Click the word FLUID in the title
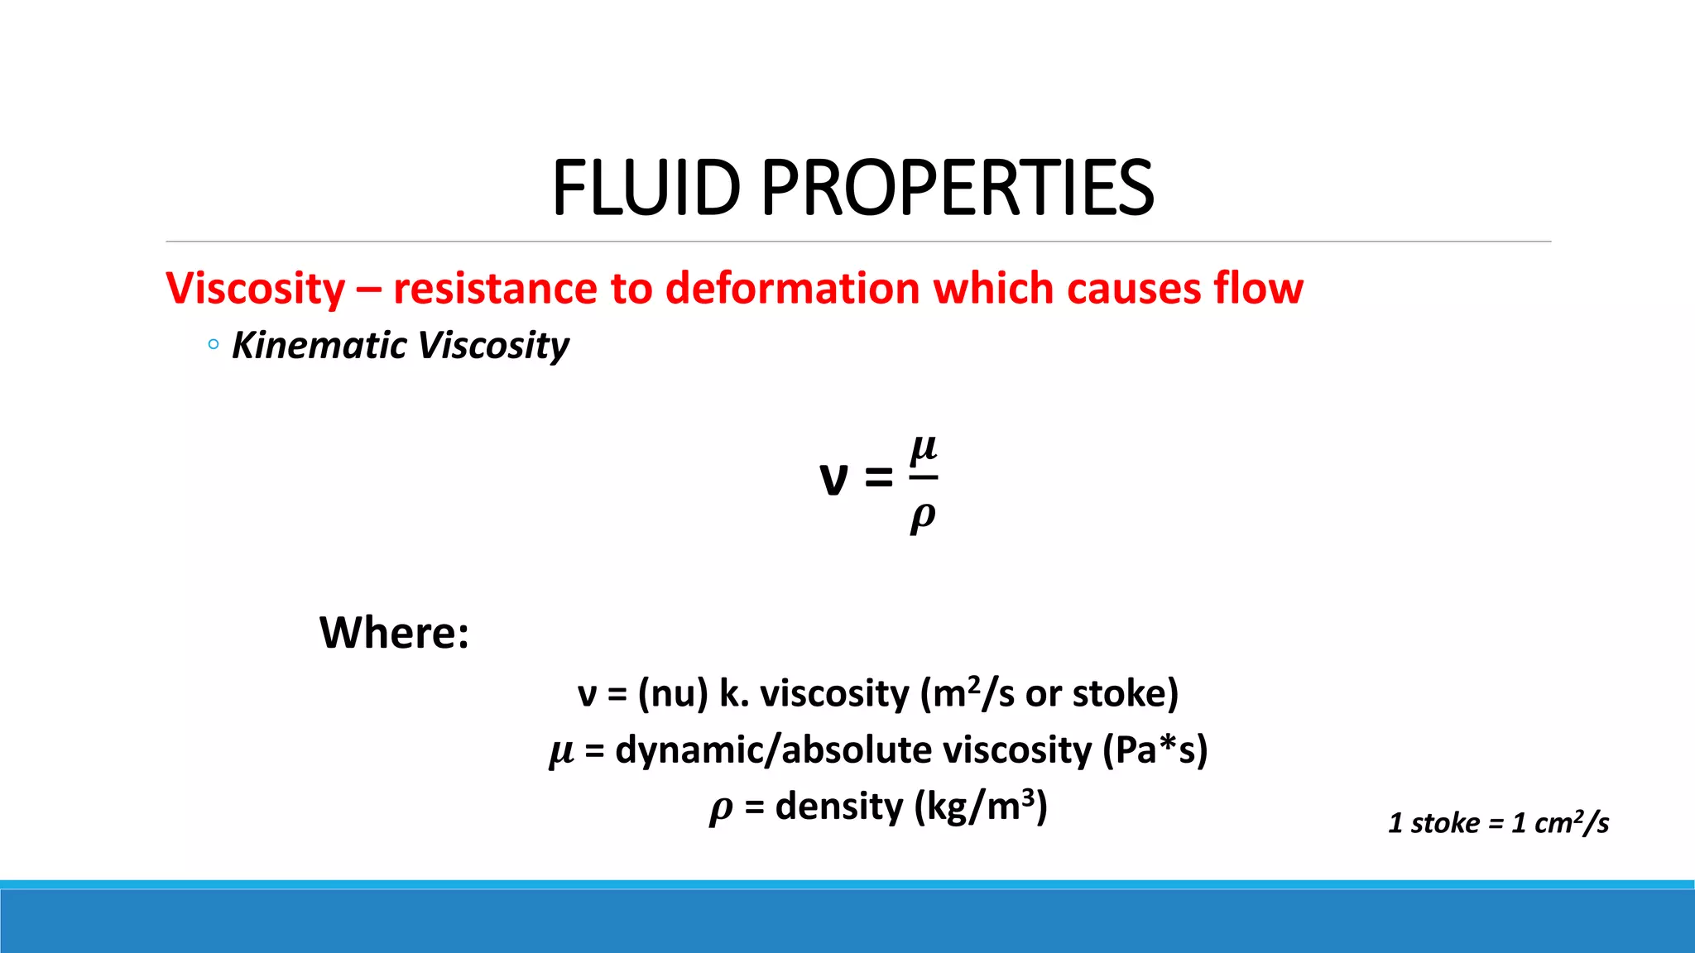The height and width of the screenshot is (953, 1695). pyautogui.click(x=646, y=189)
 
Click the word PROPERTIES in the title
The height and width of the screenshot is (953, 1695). pyautogui.click(x=957, y=189)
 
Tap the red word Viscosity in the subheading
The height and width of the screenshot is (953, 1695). pyautogui.click(x=255, y=289)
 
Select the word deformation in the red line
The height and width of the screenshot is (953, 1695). pyautogui.click(x=792, y=289)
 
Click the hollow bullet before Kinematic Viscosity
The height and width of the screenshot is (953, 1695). pyautogui.click(x=214, y=345)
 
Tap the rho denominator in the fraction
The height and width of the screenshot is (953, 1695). pyautogui.click(x=922, y=517)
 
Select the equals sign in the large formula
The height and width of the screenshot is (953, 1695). pyautogui.click(x=878, y=478)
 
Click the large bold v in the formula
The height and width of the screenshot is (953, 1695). pyautogui.click(x=833, y=480)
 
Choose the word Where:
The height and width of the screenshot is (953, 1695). pyautogui.click(x=394, y=633)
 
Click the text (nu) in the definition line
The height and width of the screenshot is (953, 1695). pyautogui.click(x=673, y=693)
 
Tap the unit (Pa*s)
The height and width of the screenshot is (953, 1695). pyautogui.click(x=1155, y=750)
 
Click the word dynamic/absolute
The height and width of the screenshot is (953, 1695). pyautogui.click(x=774, y=750)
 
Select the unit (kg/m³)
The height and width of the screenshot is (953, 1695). pyautogui.click(x=981, y=807)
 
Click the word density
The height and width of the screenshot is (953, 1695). pyautogui.click(x=838, y=807)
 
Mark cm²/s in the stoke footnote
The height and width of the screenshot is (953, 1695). pyautogui.click(x=1571, y=823)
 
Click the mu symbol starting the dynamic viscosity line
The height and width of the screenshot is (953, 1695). pyautogui.click(x=561, y=752)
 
